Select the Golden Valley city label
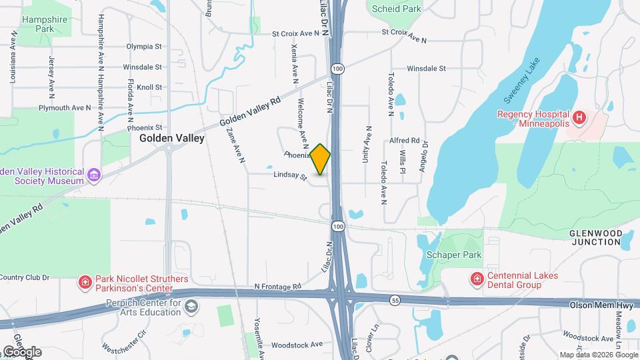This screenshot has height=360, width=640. pyautogui.click(x=172, y=138)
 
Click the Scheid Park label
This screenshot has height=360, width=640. pyautogui.click(x=397, y=9)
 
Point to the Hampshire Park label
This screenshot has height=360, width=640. pyautogui.click(x=45, y=25)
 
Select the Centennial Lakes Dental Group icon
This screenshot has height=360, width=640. pyautogui.click(x=477, y=279)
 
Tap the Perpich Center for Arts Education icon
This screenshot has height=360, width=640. pyautogui.click(x=191, y=306)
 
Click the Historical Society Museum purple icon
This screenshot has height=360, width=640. pyautogui.click(x=94, y=175)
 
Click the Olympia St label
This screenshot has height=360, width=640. pyautogui.click(x=144, y=47)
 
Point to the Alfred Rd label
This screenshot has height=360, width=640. pyautogui.click(x=405, y=141)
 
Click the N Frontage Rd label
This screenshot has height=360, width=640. pyautogui.click(x=278, y=287)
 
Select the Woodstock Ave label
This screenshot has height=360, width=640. pyautogui.click(x=297, y=345)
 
